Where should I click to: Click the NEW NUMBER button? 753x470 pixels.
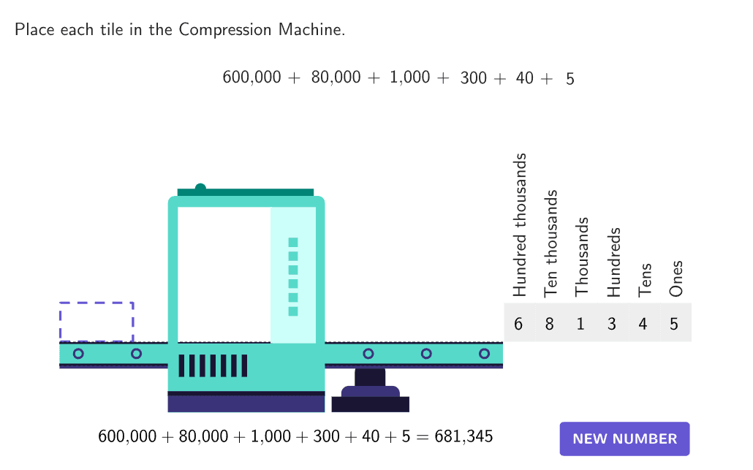pyautogui.click(x=624, y=439)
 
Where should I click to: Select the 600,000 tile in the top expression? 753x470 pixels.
pyautogui.click(x=251, y=77)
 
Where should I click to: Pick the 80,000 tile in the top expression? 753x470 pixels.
pyautogui.click(x=336, y=77)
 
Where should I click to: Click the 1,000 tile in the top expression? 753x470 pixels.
pyautogui.click(x=409, y=77)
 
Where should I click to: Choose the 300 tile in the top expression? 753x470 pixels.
pyautogui.click(x=473, y=77)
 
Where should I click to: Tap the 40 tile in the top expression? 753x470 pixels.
pyautogui.click(x=524, y=77)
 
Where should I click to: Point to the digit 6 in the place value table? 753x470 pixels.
pyautogui.click(x=518, y=324)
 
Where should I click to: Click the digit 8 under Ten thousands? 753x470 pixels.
pyautogui.click(x=549, y=324)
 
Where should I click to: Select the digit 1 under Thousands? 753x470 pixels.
pyautogui.click(x=580, y=324)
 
